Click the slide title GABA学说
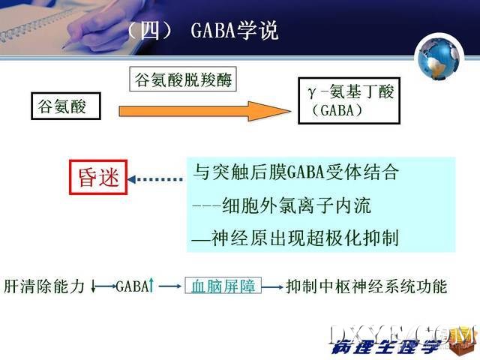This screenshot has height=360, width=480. [234, 31]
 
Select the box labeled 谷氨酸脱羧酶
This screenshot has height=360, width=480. [183, 79]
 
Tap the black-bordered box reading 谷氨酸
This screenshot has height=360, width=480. [66, 106]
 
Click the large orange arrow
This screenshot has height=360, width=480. [205, 111]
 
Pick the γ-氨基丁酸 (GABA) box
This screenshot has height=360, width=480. [349, 100]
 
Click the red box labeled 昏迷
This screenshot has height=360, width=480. [98, 177]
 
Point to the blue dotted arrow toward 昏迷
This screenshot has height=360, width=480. [155, 179]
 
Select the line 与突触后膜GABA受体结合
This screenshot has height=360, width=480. [296, 172]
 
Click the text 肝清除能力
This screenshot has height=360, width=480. [44, 286]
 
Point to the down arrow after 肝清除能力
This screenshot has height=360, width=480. [93, 286]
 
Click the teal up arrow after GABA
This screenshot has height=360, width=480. [151, 285]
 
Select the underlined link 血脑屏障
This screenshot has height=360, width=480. [223, 286]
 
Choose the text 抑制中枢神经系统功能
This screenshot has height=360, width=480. [367, 286]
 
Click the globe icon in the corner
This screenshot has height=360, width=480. [439, 58]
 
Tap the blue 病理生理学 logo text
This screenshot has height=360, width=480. [386, 347]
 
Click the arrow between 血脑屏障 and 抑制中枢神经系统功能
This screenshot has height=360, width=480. [271, 287]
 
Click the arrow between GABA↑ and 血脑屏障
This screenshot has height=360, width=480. [170, 286]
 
